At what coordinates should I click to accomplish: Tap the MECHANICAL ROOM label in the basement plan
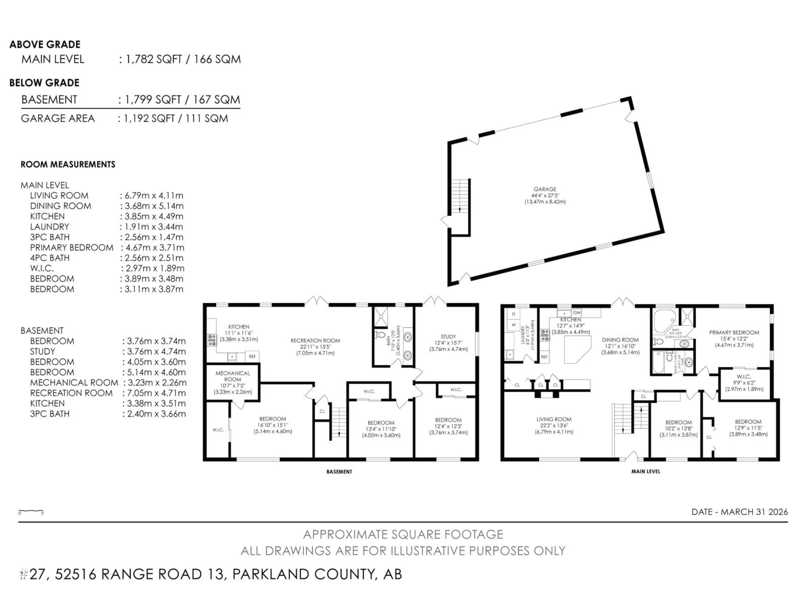(233, 376)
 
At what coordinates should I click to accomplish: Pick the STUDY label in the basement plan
(448, 337)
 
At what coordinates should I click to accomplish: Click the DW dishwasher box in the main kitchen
(577, 313)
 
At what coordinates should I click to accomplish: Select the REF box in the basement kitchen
(252, 356)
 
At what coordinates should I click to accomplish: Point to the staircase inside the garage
(460, 197)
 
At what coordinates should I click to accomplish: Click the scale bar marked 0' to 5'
(31, 512)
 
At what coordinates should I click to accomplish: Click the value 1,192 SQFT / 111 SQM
(176, 118)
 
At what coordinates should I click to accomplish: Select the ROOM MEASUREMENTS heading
(68, 164)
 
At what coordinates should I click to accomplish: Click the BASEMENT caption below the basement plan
(339, 472)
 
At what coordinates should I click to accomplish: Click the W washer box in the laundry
(513, 325)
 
